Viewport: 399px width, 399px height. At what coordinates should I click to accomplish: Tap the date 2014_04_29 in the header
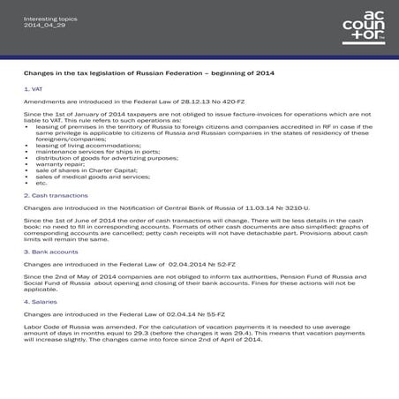(41, 23)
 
